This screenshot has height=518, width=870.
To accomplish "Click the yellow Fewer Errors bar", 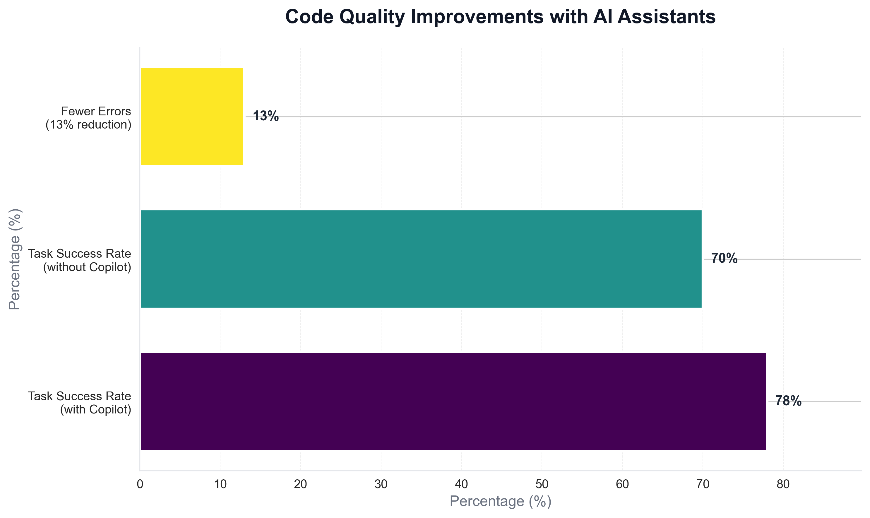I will click(191, 116).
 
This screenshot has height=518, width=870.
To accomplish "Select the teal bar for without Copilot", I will click(421, 259).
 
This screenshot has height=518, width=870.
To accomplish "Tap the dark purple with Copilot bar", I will click(453, 401).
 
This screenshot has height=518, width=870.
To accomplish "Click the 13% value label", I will click(266, 116).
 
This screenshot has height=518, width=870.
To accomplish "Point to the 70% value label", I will click(724, 259).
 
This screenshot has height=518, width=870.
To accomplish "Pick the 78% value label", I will click(788, 401).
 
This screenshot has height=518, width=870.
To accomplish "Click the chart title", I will click(500, 17).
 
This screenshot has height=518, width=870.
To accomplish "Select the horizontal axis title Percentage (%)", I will click(500, 501).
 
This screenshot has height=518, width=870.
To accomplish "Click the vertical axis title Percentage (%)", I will click(15, 259).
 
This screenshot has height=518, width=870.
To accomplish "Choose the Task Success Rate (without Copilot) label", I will click(80, 260).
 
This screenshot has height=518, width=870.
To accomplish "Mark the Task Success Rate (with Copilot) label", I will click(80, 403).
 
